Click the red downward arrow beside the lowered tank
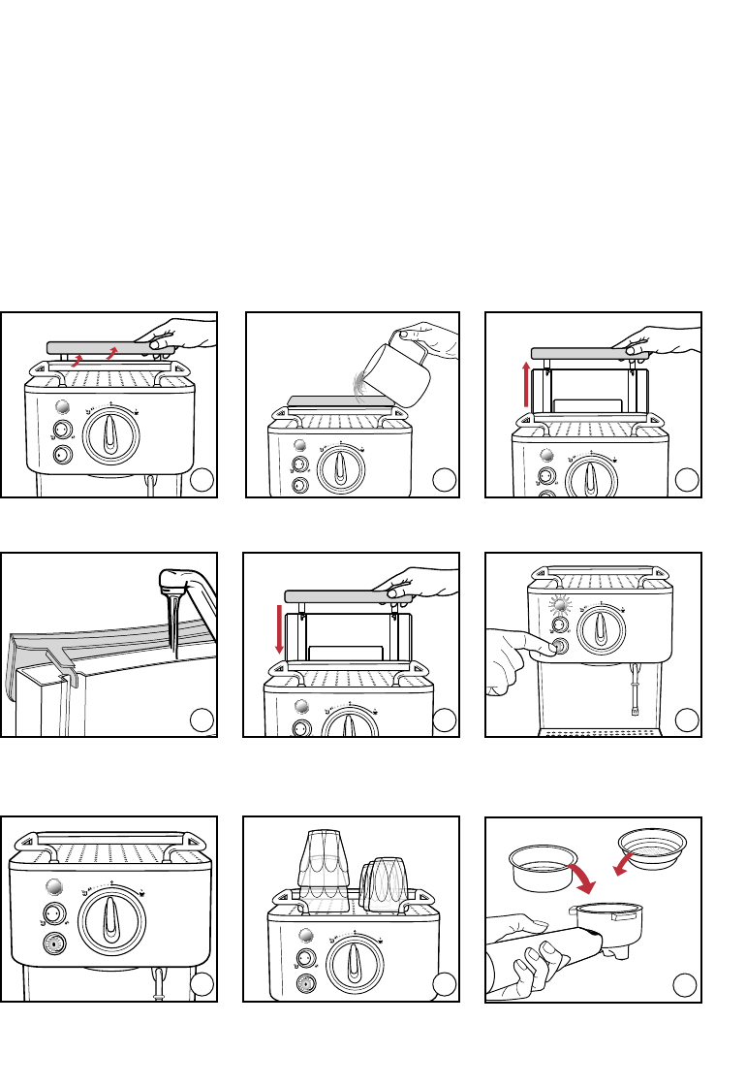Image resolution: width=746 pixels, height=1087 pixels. point(280,628)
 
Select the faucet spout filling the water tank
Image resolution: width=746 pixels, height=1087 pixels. point(171,584)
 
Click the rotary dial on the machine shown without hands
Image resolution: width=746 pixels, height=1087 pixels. point(112,915)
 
